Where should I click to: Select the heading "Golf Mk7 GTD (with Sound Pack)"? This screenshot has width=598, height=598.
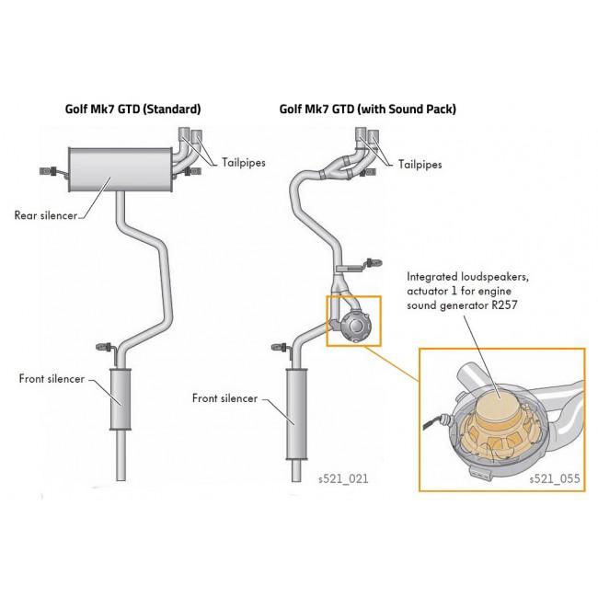point(367,109)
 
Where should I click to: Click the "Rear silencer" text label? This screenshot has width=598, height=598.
point(46,215)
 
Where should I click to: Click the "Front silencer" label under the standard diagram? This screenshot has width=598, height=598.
point(52,378)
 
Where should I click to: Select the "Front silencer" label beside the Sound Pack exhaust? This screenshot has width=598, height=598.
point(225,398)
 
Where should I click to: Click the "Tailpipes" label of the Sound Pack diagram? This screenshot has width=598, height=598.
point(420,165)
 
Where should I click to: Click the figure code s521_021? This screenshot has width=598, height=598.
point(342,478)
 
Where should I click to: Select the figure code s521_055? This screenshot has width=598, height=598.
point(555,478)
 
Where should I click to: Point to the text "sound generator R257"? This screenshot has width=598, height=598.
point(463,305)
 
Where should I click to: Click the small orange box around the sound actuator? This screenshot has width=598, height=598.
point(352,320)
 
